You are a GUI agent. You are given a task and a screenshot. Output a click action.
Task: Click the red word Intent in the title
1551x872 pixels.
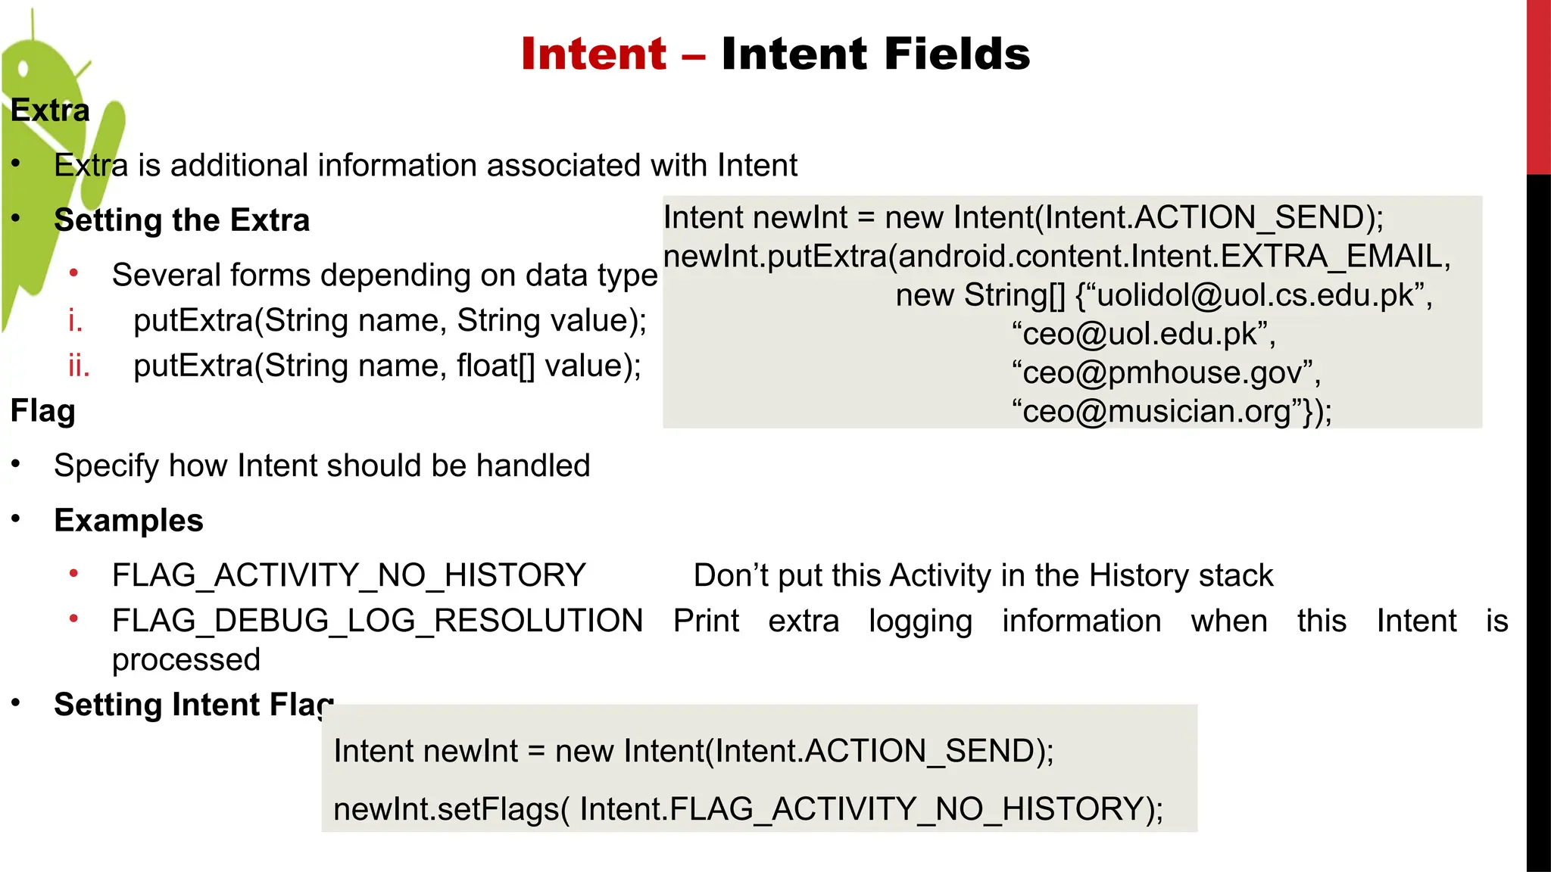coord(594,54)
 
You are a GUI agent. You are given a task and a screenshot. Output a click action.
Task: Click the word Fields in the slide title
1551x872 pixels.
coord(957,54)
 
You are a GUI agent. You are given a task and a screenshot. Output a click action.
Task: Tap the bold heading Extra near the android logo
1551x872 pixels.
coord(50,111)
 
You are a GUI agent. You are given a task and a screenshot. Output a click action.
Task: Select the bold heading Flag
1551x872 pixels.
coord(43,411)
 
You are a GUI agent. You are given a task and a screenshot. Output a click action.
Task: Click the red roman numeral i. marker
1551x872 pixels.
coord(75,321)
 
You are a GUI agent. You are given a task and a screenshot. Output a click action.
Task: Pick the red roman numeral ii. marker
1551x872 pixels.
coord(79,366)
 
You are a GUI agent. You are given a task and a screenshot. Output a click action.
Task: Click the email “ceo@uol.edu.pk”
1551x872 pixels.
coord(1140,334)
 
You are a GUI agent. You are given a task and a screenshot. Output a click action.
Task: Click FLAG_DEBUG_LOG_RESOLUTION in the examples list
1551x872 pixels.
coord(377,621)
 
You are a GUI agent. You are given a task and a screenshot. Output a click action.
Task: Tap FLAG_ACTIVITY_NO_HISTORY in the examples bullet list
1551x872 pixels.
coord(348,575)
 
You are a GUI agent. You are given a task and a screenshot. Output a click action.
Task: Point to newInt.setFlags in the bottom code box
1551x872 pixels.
coord(446,809)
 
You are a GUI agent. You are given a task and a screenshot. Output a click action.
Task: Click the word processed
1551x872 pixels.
coord(186,660)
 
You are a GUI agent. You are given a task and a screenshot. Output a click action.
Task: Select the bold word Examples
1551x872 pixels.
coord(129,521)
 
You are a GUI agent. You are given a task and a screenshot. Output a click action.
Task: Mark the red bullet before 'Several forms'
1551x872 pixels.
coord(73,273)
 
